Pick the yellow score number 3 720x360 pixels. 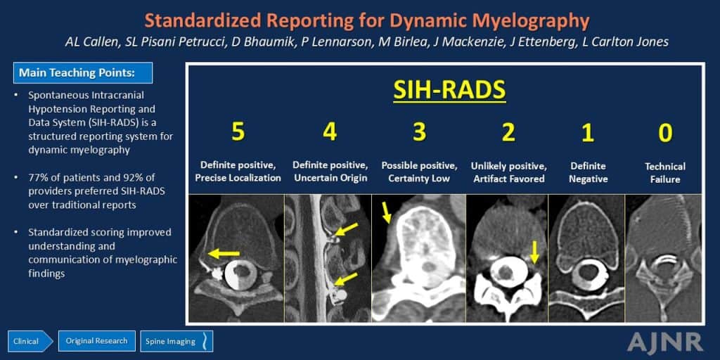[x=419, y=133]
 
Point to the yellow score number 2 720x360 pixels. [x=508, y=133]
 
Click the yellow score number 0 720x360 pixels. [x=664, y=133]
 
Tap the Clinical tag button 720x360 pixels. [x=27, y=341]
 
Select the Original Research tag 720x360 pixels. [x=96, y=341]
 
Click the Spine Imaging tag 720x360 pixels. [x=173, y=341]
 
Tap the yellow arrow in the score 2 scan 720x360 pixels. [x=534, y=252]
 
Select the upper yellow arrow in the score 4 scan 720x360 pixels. [x=346, y=227]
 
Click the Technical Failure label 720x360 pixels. [x=664, y=173]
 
